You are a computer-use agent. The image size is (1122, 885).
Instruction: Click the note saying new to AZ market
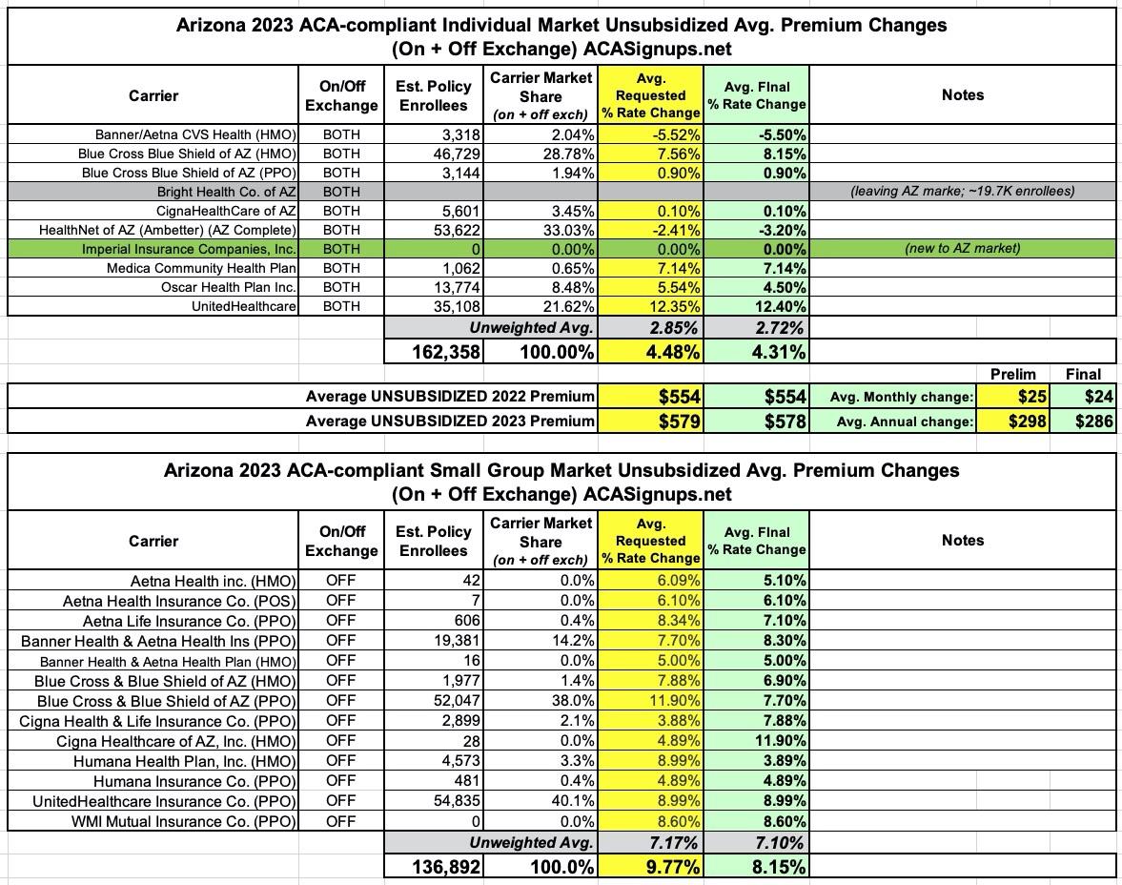tap(962, 249)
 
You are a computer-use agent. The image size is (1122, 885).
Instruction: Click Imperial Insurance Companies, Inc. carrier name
tap(190, 249)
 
